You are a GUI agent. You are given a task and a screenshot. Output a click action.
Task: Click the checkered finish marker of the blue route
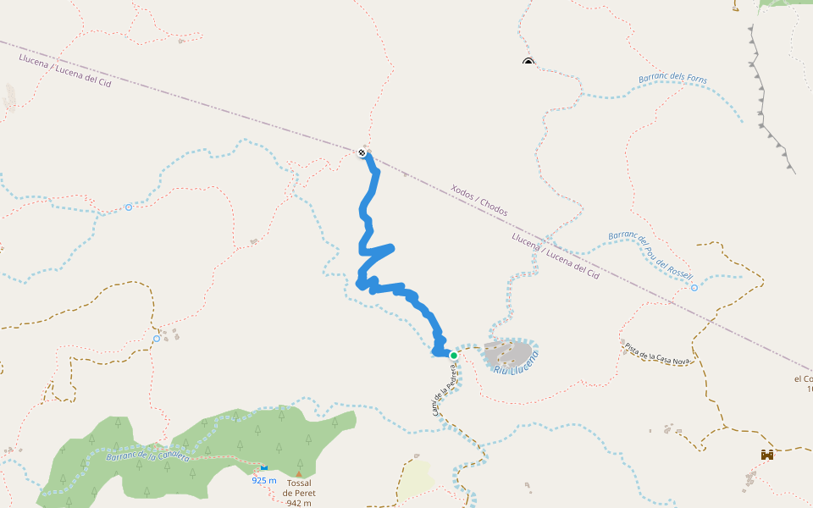362,152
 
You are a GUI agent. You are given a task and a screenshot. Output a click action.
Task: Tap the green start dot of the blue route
454,355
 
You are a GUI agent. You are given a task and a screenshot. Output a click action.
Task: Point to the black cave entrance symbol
528,62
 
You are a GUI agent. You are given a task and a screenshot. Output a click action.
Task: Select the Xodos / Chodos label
479,201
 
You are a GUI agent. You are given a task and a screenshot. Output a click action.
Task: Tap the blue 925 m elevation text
264,480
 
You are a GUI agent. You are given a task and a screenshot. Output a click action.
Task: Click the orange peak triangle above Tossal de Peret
298,474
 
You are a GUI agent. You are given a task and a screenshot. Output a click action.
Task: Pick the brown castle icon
767,455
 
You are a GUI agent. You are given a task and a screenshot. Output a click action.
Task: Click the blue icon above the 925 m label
264,467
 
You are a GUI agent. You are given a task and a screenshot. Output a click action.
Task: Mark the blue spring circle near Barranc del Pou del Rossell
694,288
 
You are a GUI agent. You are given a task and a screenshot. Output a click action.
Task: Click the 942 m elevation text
298,503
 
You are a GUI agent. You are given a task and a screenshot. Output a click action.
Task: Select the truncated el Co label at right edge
803,378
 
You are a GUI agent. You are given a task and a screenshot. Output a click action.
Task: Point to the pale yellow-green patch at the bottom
415,479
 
